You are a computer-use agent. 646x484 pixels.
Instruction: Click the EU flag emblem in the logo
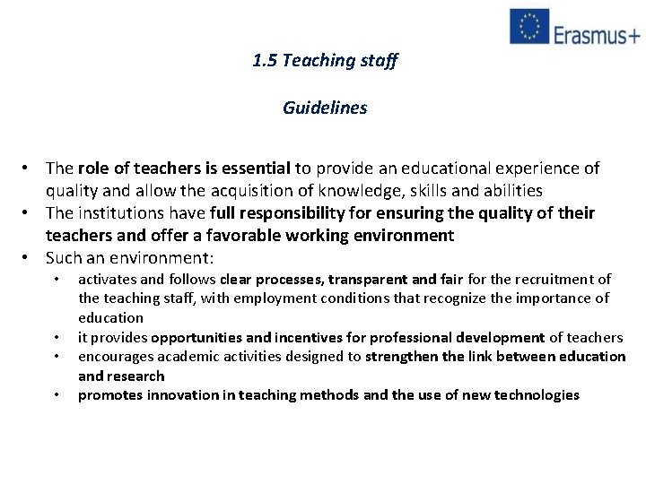(x=529, y=26)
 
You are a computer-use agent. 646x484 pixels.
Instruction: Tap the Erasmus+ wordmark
(x=597, y=34)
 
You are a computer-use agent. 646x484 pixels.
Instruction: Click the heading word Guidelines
(x=325, y=108)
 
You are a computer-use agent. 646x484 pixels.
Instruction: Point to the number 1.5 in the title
(x=264, y=61)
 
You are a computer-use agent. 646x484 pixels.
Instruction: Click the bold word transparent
(x=373, y=279)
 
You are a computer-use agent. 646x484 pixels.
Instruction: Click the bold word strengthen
(x=403, y=357)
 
